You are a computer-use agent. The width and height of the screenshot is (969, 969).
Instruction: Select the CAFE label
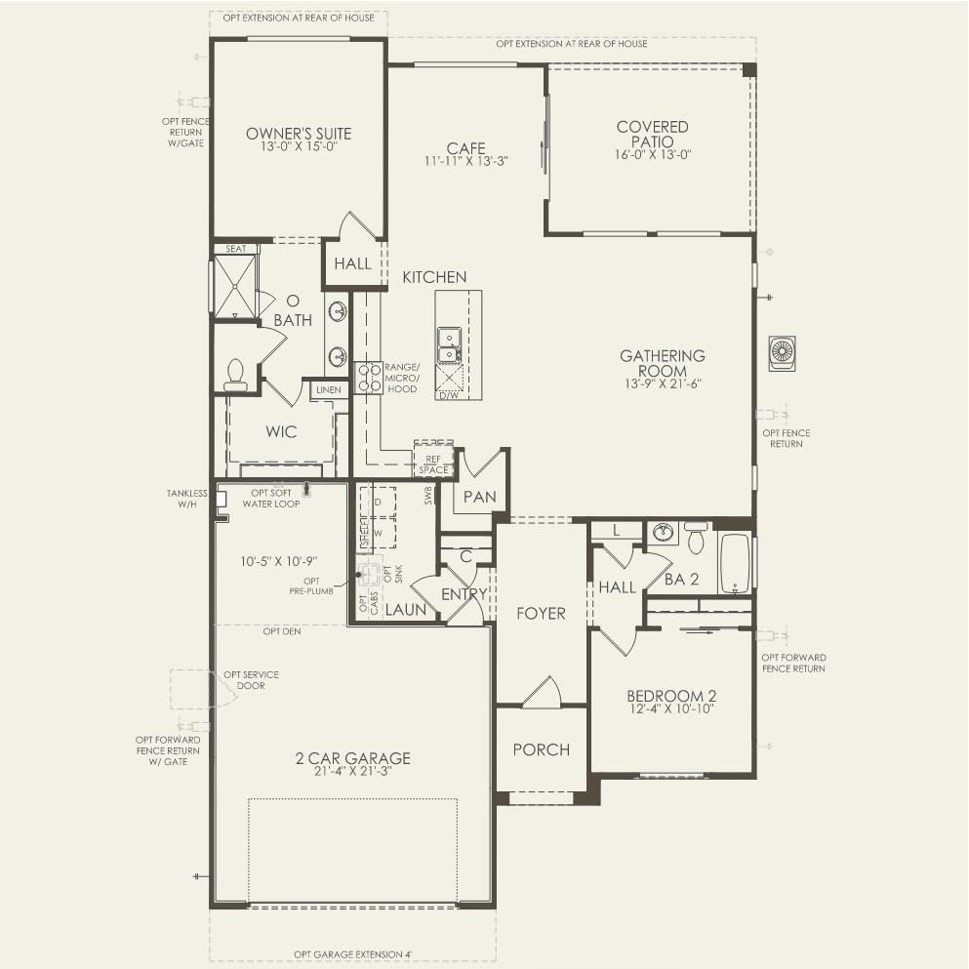(465, 148)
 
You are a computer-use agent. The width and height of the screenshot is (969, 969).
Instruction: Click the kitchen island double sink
(450, 343)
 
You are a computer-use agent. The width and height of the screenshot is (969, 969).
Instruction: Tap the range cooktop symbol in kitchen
(369, 377)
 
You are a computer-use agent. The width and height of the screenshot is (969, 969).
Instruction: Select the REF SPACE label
(432, 464)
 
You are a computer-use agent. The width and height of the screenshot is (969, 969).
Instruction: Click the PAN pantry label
(479, 497)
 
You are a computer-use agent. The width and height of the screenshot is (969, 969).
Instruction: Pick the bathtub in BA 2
(734, 563)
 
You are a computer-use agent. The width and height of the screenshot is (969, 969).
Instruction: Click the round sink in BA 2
(664, 533)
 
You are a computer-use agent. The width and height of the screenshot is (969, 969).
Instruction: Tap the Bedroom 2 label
(671, 696)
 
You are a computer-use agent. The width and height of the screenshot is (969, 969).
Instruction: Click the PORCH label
(541, 749)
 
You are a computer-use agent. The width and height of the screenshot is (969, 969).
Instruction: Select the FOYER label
(542, 614)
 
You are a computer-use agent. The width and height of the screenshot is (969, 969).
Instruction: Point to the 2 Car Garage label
(353, 758)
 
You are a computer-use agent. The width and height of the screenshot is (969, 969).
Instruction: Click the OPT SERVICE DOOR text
(251, 680)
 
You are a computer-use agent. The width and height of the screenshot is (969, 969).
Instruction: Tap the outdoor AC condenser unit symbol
(782, 352)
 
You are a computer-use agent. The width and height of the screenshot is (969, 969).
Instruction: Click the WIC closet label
(281, 431)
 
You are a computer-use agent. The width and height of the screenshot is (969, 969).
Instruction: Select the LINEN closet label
(329, 390)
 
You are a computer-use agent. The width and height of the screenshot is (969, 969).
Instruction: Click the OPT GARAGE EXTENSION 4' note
(353, 954)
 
